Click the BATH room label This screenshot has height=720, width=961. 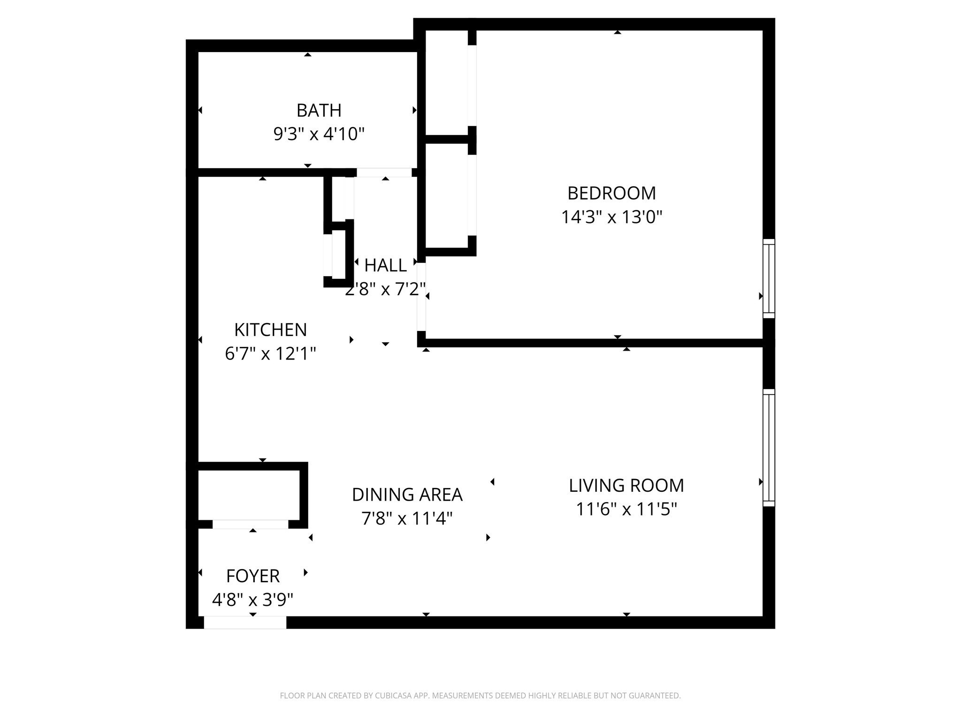tap(319, 111)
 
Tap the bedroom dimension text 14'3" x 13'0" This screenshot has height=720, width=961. tap(611, 217)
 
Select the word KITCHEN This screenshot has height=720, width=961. tap(270, 330)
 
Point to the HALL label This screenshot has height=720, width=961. tap(385, 266)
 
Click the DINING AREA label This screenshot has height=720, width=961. tap(407, 495)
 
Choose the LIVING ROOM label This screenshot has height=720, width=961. tap(626, 486)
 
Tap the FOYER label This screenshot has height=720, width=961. tap(252, 576)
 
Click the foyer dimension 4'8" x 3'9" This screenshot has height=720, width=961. tap(252, 600)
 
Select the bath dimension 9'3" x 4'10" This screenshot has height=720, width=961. tap(319, 135)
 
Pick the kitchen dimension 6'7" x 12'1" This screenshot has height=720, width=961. tap(270, 354)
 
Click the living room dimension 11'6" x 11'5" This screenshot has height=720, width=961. tap(626, 510)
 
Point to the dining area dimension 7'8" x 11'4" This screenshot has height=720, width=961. tap(407, 519)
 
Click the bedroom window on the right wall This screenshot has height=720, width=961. tap(768, 278)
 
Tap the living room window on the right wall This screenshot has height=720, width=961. tap(768, 448)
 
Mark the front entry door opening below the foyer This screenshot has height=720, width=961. tap(245, 622)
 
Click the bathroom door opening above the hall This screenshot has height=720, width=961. tap(384, 172)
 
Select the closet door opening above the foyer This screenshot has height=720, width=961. tap(250, 524)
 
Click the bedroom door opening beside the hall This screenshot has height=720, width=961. tap(421, 297)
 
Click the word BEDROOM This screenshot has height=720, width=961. tap(611, 193)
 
